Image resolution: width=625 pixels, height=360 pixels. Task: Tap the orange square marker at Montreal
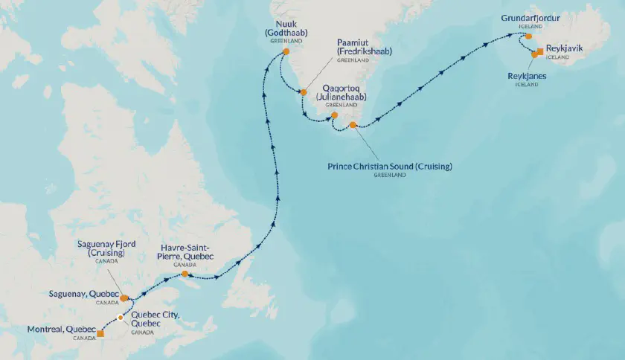pyautogui.click(x=100, y=334)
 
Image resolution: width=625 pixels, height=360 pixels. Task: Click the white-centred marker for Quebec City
pyautogui.click(x=121, y=317)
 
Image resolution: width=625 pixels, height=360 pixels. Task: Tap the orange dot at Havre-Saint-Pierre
pyautogui.click(x=185, y=274)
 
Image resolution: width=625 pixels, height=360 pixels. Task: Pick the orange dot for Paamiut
pyautogui.click(x=303, y=92)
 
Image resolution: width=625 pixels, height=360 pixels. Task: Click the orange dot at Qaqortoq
pyautogui.click(x=334, y=115)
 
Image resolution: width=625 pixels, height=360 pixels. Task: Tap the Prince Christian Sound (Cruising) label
pyautogui.click(x=390, y=166)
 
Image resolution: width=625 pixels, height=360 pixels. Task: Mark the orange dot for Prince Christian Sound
pyautogui.click(x=353, y=125)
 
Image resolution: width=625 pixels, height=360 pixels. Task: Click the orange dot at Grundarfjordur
pyautogui.click(x=528, y=36)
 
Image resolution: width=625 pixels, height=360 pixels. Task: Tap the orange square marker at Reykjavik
pyautogui.click(x=539, y=51)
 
